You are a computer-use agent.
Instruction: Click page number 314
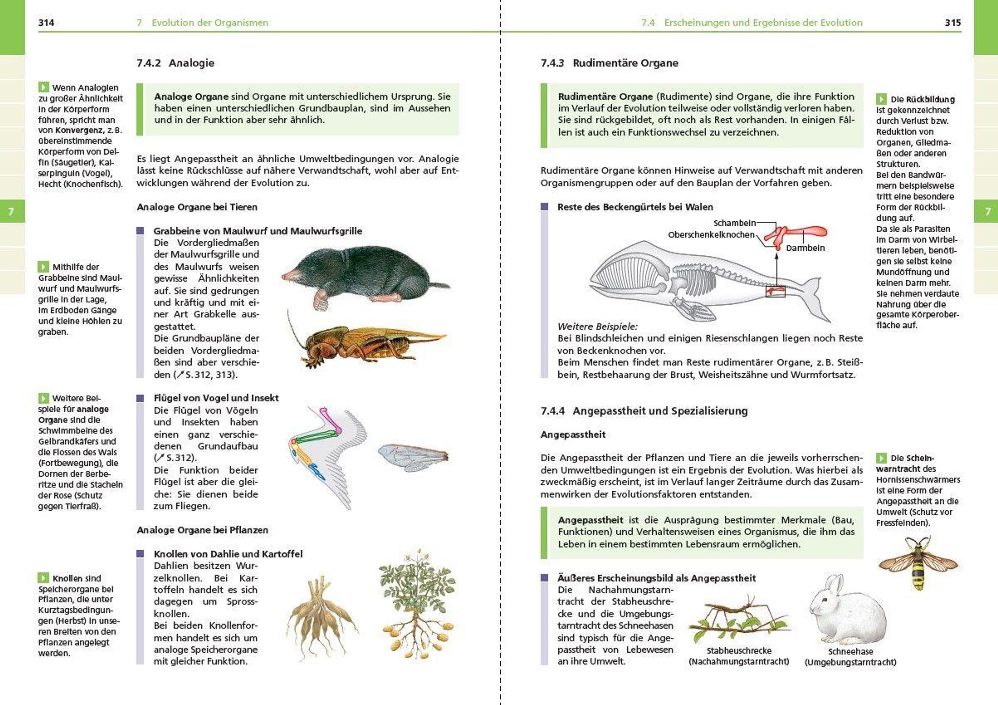click(x=46, y=22)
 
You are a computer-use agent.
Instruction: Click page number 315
click(x=952, y=22)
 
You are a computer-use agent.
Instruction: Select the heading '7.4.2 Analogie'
click(x=175, y=63)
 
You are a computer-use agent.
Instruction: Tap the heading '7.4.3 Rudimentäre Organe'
click(x=610, y=63)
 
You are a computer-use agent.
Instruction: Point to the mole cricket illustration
click(x=370, y=344)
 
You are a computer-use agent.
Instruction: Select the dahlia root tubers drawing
click(x=322, y=617)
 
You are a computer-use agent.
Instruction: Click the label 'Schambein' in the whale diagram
click(x=735, y=223)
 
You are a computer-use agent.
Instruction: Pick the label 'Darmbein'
click(x=805, y=248)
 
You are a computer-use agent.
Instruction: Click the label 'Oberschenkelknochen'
click(x=711, y=235)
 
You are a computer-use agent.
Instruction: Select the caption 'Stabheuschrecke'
click(x=739, y=651)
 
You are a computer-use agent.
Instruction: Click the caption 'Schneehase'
click(x=850, y=651)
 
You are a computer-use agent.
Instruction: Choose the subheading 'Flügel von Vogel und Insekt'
click(x=216, y=398)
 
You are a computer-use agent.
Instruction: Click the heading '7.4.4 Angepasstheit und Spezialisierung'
click(x=644, y=411)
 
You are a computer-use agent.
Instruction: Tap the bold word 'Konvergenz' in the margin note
click(x=78, y=130)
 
